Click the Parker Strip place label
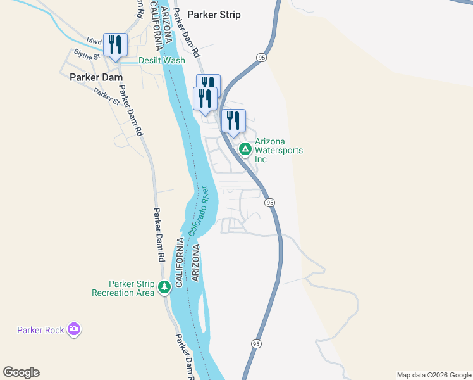(214, 15)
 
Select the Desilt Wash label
(162, 61)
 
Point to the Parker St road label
(106, 96)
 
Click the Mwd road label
(94, 41)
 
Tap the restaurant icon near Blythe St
(115, 44)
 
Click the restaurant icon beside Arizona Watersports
(233, 120)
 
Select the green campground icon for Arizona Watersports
(245, 149)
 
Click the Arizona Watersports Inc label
(278, 150)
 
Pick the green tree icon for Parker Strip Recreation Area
(164, 288)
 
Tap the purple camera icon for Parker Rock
(75, 329)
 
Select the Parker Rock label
(42, 329)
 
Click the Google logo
(21, 372)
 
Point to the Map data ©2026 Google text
(433, 375)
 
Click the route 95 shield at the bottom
(255, 343)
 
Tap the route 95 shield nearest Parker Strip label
(261, 58)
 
